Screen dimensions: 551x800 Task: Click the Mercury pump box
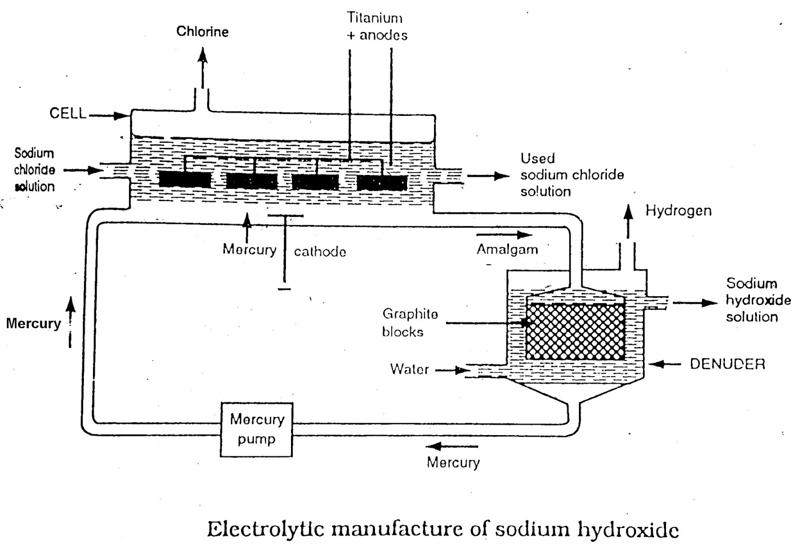pos(256,429)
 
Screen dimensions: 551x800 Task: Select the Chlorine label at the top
pos(202,32)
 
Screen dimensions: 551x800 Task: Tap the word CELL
pos(67,113)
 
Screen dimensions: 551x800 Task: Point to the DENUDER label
pos(727,364)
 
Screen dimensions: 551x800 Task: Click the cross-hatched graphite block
pos(575,331)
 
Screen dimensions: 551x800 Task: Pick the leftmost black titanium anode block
pos(184,179)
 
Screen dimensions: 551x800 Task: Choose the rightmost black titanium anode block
pos(382,183)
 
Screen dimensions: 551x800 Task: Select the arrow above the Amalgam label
pos(504,235)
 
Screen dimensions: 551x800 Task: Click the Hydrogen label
pos(678,211)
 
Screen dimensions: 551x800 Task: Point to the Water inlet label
pos(409,369)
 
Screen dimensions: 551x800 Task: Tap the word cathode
pos(320,251)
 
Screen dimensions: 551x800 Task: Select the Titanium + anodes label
pos(376,26)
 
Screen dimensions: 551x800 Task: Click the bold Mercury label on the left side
pos(33,323)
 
